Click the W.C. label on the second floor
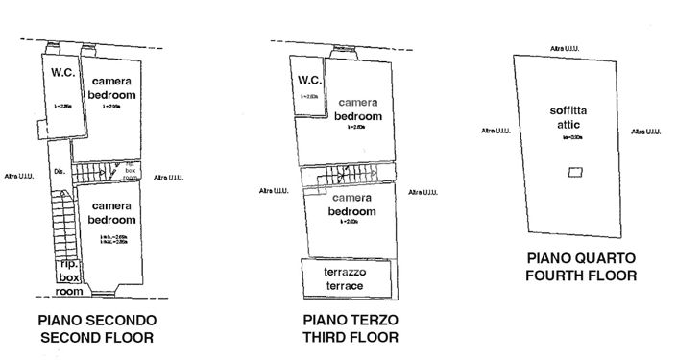[63, 72]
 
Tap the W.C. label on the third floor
[308, 81]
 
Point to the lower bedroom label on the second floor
[110, 213]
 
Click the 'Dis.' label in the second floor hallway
[59, 173]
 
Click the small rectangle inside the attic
[573, 171]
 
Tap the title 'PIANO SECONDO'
[96, 320]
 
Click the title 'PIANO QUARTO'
[583, 258]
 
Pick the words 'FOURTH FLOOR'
[583, 276]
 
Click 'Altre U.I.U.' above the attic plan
[564, 48]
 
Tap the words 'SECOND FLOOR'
[96, 337]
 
